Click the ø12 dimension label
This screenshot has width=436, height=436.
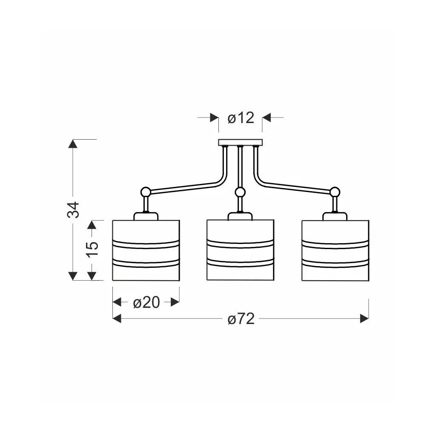(x=241, y=118)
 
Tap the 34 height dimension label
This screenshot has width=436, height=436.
(x=73, y=210)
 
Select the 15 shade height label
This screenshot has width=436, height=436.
(x=92, y=250)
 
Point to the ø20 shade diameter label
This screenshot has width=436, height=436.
(x=146, y=302)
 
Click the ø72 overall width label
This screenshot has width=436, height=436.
(x=241, y=318)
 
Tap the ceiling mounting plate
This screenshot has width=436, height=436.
(x=240, y=143)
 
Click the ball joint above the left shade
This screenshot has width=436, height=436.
(x=146, y=192)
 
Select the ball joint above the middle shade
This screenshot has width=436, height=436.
(x=240, y=192)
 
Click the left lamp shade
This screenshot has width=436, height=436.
(x=146, y=250)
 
